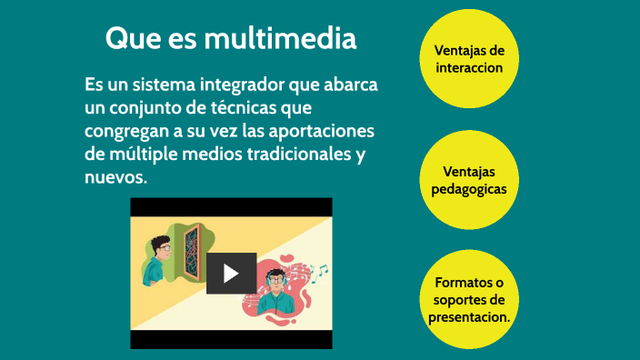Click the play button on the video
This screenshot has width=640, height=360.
tap(231, 273)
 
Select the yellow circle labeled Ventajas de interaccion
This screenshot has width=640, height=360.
tap(468, 59)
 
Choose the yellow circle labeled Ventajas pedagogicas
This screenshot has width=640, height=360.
tap(468, 180)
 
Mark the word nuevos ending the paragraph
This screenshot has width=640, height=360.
tap(115, 177)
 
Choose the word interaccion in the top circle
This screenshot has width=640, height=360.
tap(468, 67)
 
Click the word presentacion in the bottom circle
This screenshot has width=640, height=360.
tap(468, 317)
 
